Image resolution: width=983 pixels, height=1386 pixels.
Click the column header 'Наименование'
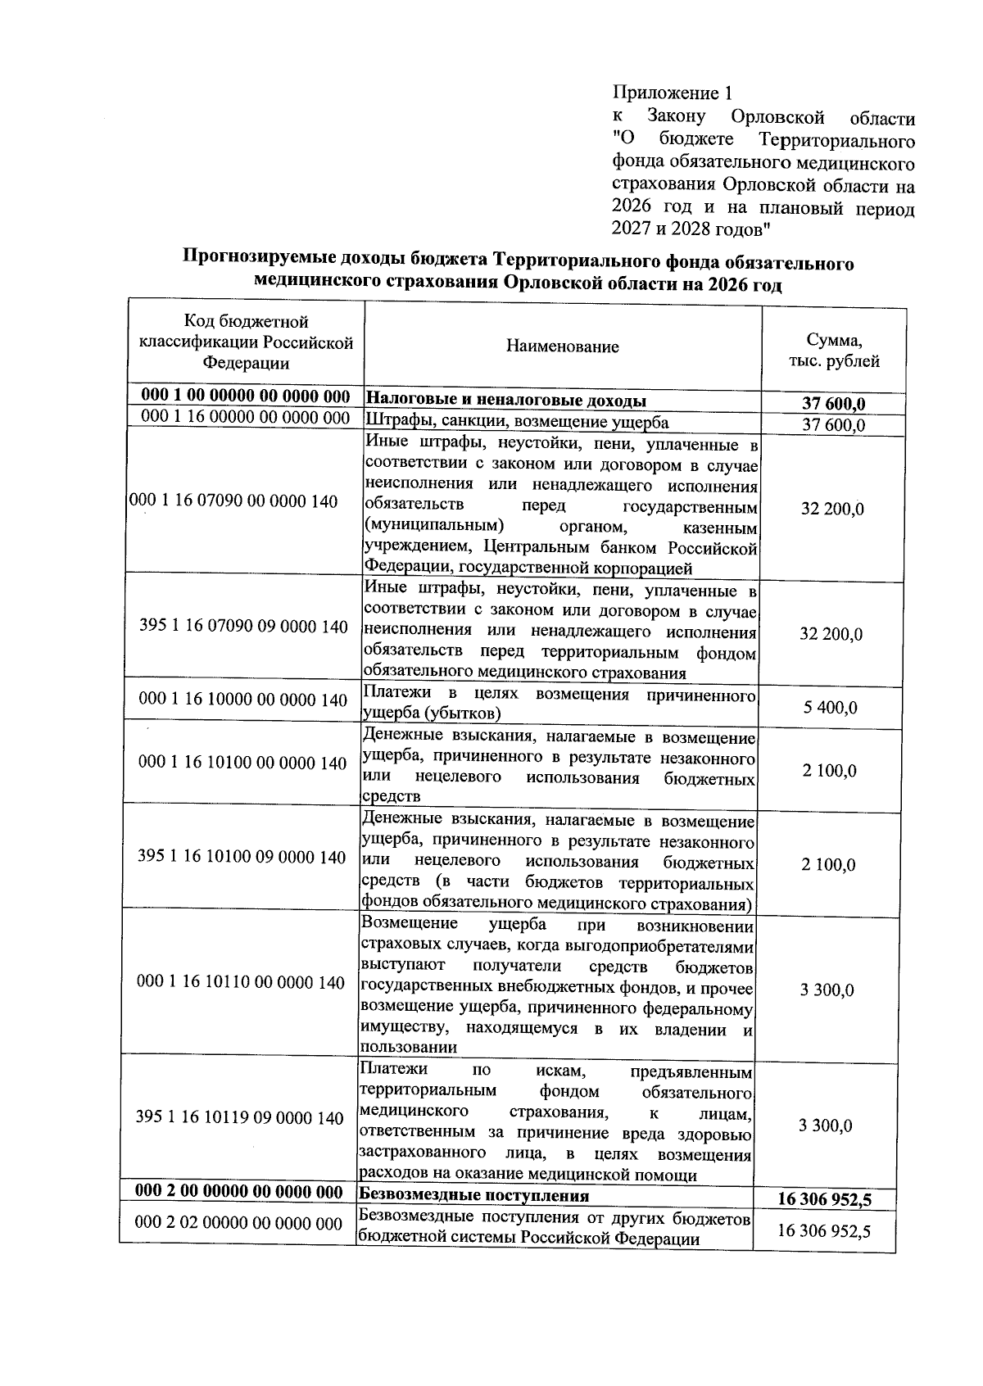pyautogui.click(x=562, y=346)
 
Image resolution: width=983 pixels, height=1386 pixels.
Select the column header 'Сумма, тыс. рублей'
pyautogui.click(x=833, y=351)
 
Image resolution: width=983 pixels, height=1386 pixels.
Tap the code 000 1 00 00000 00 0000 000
pyautogui.click(x=246, y=396)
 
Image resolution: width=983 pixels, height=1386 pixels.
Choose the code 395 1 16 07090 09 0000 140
pyautogui.click(x=244, y=627)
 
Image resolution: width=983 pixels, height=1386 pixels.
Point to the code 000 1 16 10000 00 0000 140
pyautogui.click(x=243, y=700)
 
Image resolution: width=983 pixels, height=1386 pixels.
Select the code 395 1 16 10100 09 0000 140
pyautogui.click(x=242, y=857)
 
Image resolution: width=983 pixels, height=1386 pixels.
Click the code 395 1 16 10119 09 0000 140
pyautogui.click(x=240, y=1118)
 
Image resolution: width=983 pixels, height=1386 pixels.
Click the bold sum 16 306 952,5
pyautogui.click(x=824, y=1200)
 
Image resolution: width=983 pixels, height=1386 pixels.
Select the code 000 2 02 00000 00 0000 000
pyautogui.click(x=238, y=1223)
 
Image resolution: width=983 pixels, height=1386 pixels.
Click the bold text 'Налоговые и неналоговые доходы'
pyautogui.click(x=505, y=401)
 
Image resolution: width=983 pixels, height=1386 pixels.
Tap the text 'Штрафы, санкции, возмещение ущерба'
pyautogui.click(x=516, y=423)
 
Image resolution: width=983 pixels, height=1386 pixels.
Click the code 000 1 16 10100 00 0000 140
pyautogui.click(x=243, y=763)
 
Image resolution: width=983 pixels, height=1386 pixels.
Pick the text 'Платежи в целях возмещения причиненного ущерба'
pyautogui.click(x=559, y=704)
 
